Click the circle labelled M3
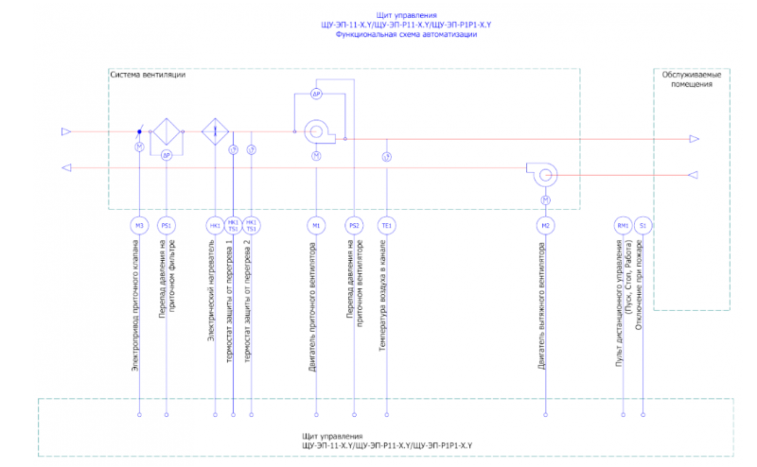click(139, 225)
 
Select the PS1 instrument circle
click(167, 225)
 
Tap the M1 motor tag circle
click(316, 225)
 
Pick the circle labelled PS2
click(354, 225)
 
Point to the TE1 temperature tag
click(386, 225)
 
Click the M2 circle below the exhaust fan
click(545, 225)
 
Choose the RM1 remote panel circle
click(624, 225)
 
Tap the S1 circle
click(643, 225)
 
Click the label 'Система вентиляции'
click(148, 75)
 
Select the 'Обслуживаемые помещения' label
click(691, 79)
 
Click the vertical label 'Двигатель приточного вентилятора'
click(315, 308)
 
